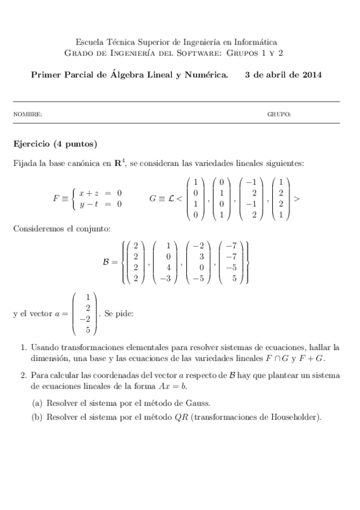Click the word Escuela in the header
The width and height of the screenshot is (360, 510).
point(88,42)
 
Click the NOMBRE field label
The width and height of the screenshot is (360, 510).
point(28,114)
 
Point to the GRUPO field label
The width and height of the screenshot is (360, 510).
point(279,114)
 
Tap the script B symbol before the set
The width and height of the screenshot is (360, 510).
point(107,262)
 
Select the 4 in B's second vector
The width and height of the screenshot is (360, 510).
point(168,268)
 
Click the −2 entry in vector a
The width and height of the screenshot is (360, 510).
point(86,319)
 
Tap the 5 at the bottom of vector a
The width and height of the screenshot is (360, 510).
point(88,330)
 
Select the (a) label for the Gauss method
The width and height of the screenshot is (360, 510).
point(37,402)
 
